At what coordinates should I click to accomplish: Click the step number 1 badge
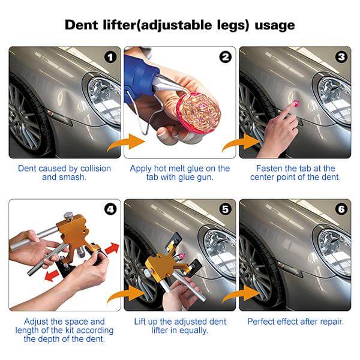[110, 58]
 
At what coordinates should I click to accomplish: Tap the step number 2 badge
[225, 58]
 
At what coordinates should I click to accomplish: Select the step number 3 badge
[341, 58]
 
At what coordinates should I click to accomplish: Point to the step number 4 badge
[110, 210]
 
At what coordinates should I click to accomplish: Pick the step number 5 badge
[225, 210]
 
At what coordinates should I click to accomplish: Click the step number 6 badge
[341, 210]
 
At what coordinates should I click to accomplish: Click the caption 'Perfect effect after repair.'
[295, 322]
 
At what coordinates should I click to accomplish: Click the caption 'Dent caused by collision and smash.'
[64, 173]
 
